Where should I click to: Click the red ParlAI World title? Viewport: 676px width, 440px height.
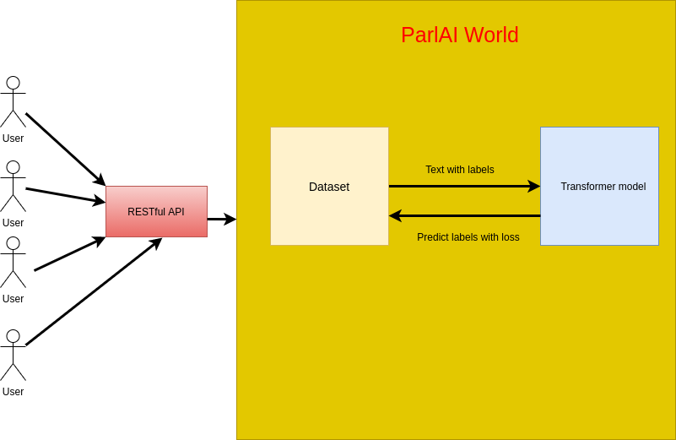point(460,35)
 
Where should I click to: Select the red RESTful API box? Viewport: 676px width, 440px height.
point(156,211)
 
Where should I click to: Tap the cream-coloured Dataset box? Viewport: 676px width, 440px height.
point(329,186)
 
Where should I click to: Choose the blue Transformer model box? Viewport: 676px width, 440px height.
point(599,186)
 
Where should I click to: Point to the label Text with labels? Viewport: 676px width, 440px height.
point(460,170)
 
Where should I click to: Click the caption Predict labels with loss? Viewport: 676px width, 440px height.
point(468,236)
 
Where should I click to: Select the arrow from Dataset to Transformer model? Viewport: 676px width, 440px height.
point(465,186)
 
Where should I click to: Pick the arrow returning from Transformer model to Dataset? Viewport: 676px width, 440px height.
point(465,215)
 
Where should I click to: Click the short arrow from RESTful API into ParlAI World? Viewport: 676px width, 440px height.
point(222,219)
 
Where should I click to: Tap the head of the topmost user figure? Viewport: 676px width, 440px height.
point(14,83)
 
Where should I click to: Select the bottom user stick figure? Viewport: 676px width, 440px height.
point(13,355)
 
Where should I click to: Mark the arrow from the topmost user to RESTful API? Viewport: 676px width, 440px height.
point(66,149)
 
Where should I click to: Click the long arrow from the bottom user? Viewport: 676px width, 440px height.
point(94,291)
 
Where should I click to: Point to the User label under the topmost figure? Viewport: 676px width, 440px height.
point(13,139)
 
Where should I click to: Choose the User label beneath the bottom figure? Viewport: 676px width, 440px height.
point(13,392)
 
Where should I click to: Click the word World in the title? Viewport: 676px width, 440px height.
point(491,35)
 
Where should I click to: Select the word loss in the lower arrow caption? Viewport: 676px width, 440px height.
point(511,236)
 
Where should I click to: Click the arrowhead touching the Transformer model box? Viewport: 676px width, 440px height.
point(534,186)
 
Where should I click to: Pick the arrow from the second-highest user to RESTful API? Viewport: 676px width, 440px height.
point(66,195)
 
